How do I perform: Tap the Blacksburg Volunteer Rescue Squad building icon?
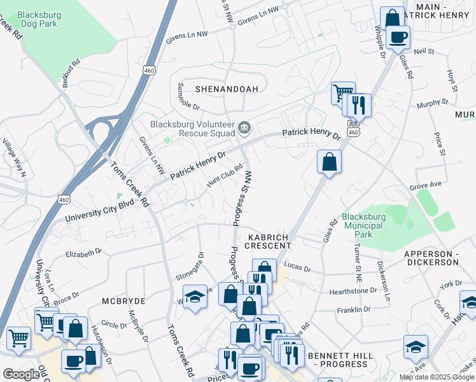tap(244, 129)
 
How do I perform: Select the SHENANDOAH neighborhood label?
tap(227, 89)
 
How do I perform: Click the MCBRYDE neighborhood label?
tap(123, 300)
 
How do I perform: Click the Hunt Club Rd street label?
tap(225, 176)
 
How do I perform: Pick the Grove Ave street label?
tap(426, 187)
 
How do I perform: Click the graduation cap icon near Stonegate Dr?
tap(195, 297)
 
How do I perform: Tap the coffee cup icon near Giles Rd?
tap(398, 37)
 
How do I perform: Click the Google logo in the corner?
tap(21, 374)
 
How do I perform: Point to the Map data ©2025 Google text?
tap(437, 377)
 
